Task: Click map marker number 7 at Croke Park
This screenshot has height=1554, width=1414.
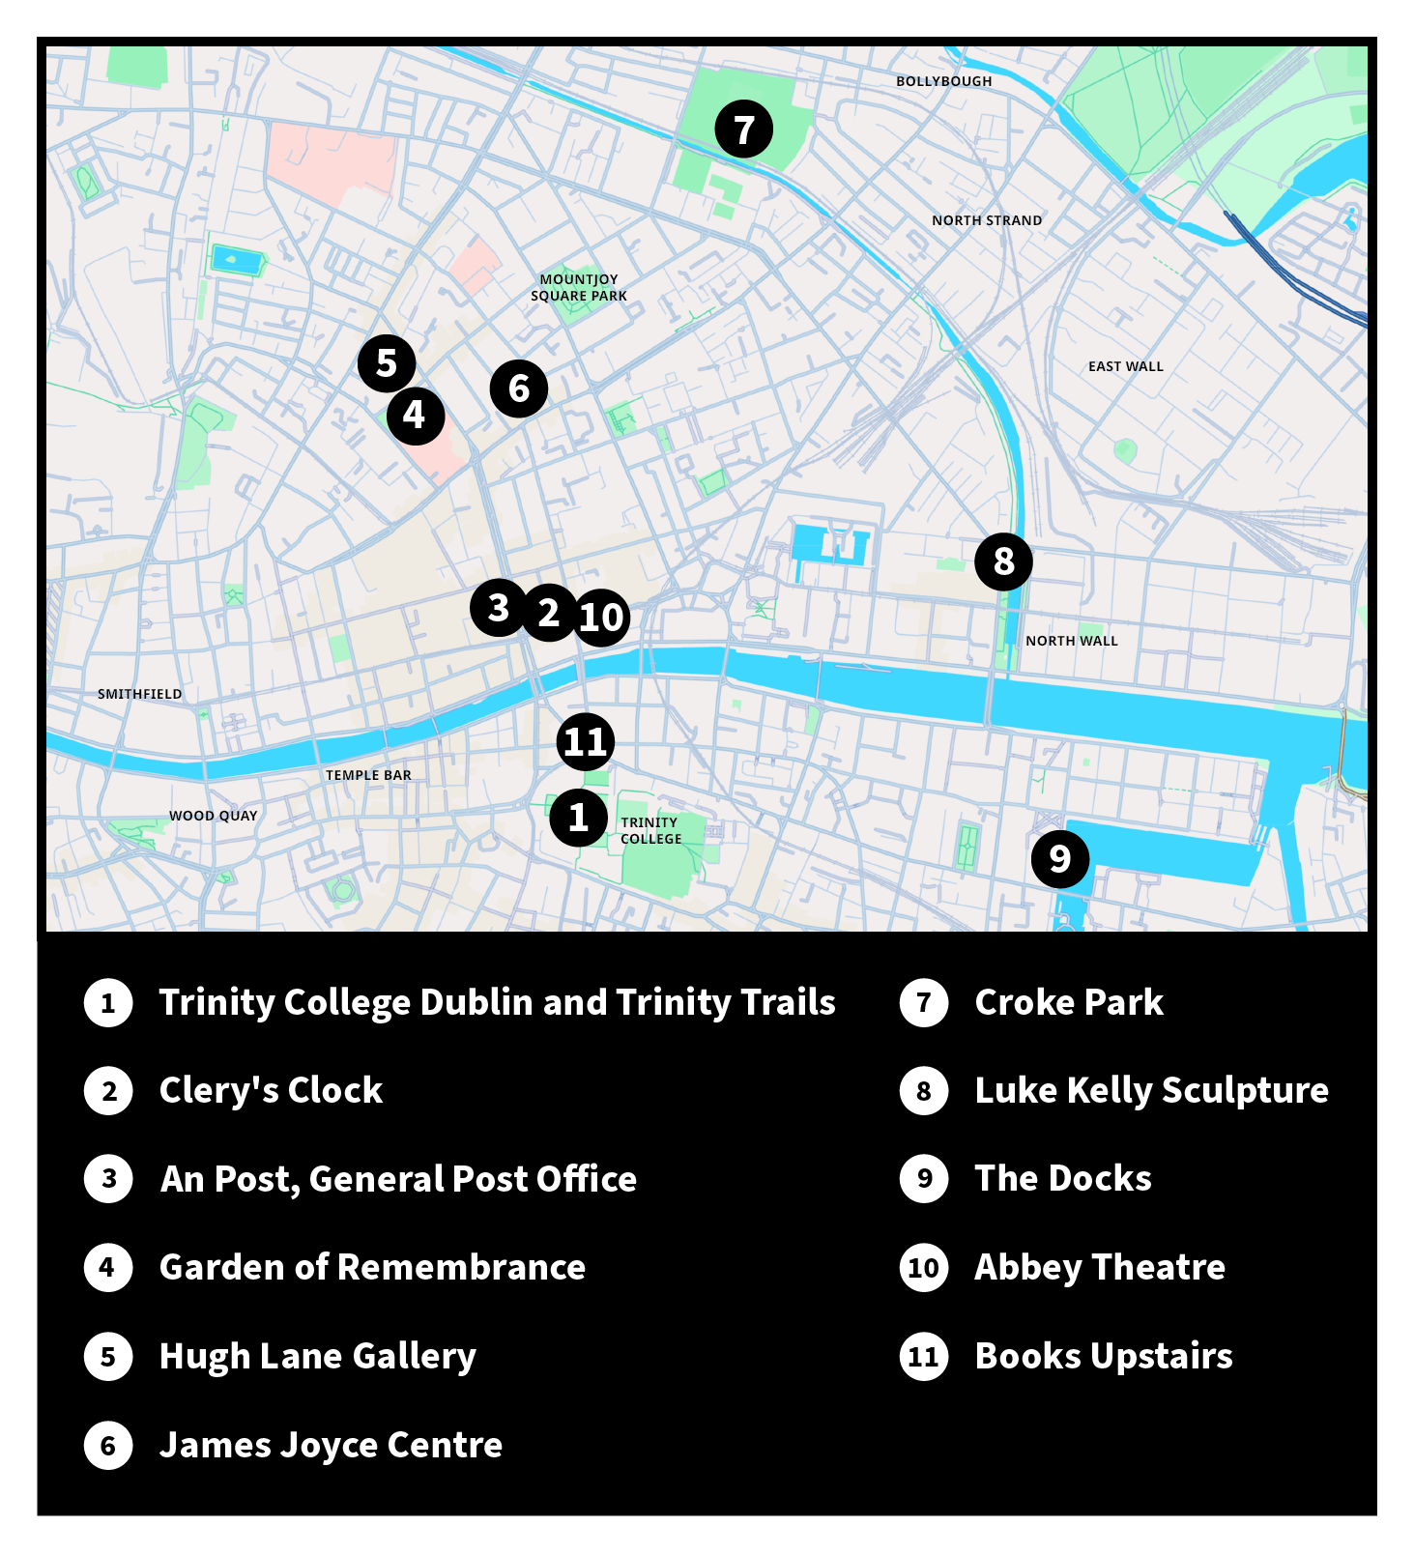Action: tap(743, 129)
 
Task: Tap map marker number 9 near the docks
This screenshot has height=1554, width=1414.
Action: tap(1059, 858)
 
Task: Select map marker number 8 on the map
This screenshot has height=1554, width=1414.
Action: tap(1003, 561)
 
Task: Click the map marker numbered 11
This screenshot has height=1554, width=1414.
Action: tap(585, 741)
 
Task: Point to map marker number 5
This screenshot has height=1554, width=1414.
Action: tap(387, 362)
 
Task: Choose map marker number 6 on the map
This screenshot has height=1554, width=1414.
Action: tap(519, 388)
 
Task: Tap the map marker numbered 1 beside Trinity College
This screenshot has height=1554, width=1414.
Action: tap(578, 817)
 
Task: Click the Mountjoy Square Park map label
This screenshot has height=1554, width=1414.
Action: tap(578, 287)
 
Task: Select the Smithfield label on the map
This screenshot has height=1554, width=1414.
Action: tap(139, 694)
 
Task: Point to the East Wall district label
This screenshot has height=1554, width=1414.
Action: tap(1125, 366)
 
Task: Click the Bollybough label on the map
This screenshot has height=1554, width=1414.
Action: tap(943, 81)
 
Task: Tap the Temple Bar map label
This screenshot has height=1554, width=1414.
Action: tap(368, 775)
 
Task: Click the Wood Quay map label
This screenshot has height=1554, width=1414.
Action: tap(213, 816)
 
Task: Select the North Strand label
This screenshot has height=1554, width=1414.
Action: tap(986, 220)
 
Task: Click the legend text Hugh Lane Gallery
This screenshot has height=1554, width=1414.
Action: tap(317, 1356)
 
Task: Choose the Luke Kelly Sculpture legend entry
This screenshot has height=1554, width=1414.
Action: tap(1150, 1090)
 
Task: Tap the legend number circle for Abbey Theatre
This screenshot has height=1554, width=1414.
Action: tap(923, 1267)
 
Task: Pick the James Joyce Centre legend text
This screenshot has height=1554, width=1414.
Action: tap(331, 1445)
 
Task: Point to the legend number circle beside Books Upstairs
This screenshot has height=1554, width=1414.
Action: tap(923, 1356)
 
